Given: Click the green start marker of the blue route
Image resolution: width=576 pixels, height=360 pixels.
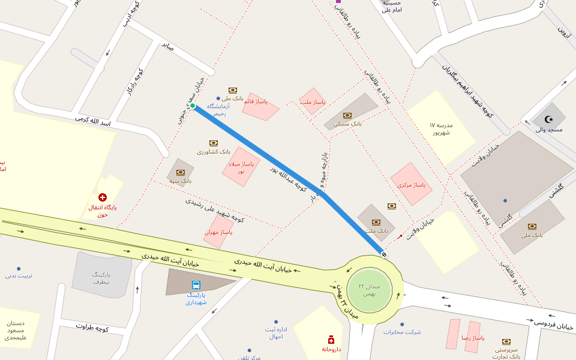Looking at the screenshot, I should [x=193, y=106].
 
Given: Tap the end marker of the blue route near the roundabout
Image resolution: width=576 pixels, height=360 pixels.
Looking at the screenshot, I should [x=384, y=255].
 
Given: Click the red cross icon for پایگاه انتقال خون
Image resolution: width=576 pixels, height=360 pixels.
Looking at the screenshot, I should [x=103, y=197].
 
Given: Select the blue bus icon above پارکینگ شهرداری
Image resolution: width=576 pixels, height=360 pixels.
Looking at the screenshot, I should [x=196, y=285].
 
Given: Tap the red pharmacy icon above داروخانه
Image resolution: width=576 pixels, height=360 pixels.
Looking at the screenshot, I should [x=331, y=340].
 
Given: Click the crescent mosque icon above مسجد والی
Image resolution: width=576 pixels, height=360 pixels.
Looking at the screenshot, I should [x=548, y=119].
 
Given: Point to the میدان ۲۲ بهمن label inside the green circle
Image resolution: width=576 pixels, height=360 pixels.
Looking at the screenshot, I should [x=369, y=290].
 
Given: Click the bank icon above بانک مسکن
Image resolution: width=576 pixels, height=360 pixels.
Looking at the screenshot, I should [x=347, y=115].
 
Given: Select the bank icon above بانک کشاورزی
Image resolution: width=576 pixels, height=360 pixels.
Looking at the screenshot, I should [x=213, y=143].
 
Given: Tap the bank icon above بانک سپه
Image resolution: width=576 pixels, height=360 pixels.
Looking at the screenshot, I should [x=180, y=172].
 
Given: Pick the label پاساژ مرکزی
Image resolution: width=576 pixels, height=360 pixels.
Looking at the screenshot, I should [x=411, y=185].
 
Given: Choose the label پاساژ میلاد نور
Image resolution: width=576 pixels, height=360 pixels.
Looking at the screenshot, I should [x=241, y=167].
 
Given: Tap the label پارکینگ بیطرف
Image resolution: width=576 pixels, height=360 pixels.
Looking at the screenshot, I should [x=101, y=277].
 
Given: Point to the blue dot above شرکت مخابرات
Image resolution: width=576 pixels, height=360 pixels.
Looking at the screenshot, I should [x=402, y=324].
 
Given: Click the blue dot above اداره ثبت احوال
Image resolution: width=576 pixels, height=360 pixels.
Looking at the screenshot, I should [x=276, y=322].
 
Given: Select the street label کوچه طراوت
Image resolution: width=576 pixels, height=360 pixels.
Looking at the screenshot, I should [x=92, y=327].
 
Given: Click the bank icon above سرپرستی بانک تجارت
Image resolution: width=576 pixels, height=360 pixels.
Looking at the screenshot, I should [x=506, y=341].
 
